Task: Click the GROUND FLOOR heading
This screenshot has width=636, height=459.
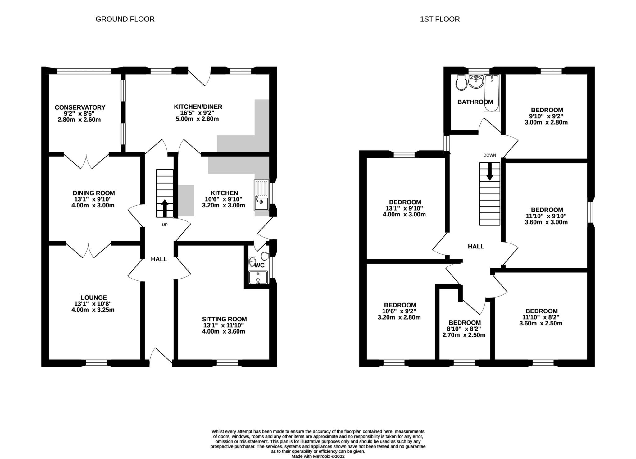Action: [x=125, y=19]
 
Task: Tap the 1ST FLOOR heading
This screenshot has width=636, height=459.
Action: [x=440, y=19]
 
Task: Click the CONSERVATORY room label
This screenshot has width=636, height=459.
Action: [x=80, y=107]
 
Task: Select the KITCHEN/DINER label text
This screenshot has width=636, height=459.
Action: [x=198, y=107]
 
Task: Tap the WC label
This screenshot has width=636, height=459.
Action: [x=259, y=265]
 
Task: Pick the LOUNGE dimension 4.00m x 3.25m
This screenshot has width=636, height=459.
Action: [x=93, y=310]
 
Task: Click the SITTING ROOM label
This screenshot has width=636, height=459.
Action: [x=224, y=319]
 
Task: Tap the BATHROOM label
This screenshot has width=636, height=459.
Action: [x=475, y=102]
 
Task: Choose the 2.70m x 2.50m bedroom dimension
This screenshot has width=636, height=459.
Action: [x=464, y=335]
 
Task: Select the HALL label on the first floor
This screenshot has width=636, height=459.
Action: [x=476, y=247]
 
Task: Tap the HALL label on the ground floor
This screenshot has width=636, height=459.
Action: [x=159, y=259]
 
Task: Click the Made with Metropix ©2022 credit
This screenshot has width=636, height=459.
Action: [x=318, y=457]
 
